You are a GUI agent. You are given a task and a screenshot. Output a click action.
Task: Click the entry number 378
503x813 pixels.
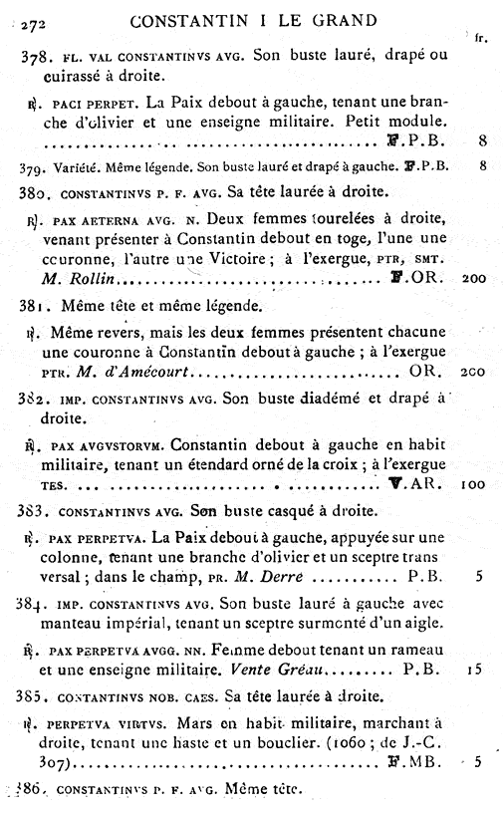click(x=35, y=59)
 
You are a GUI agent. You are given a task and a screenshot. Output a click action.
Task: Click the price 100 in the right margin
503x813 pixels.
click(x=476, y=484)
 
